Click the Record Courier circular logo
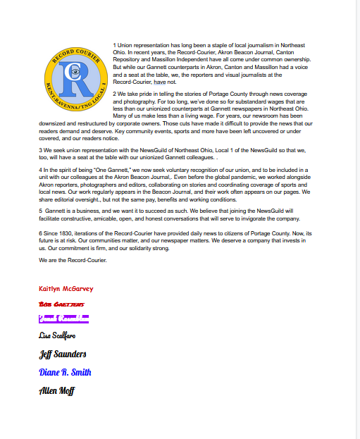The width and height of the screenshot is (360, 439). [74, 78]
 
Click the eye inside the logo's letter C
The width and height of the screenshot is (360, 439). [75, 70]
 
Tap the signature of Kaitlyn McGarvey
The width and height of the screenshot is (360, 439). [66, 289]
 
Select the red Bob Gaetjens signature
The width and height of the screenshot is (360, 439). [62, 304]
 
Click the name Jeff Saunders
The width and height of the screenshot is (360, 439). [63, 354]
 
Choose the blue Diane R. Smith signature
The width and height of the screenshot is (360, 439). [65, 372]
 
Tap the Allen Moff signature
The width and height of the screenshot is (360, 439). [56, 390]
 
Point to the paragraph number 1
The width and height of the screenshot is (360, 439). [114, 45]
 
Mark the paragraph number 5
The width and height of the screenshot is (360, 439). [40, 210]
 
